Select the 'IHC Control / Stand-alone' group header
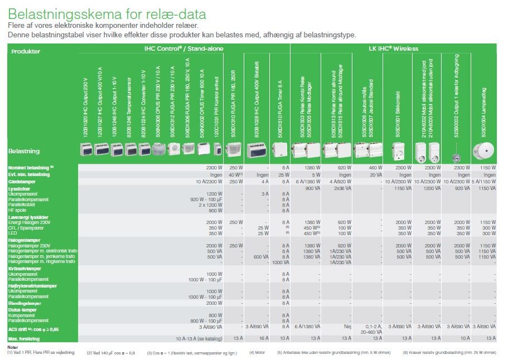point(183,49)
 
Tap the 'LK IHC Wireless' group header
point(393,49)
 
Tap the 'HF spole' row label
point(18,211)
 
